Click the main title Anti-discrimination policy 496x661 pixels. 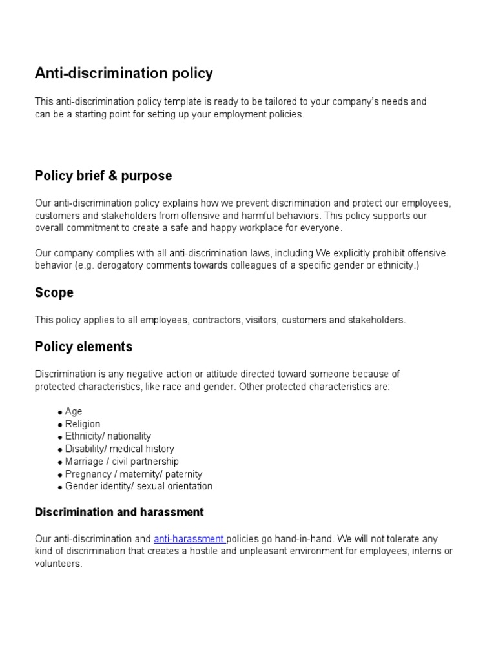coord(123,74)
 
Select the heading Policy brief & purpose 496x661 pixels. coord(103,176)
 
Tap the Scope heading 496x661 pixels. coord(54,293)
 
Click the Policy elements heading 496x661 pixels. coord(83,347)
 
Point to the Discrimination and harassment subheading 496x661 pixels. coord(119,513)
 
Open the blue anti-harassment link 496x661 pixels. coord(189,538)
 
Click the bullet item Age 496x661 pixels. coord(74,411)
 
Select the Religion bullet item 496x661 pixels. coord(83,424)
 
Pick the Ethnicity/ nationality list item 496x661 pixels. coord(108,436)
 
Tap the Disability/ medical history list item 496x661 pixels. coord(119,449)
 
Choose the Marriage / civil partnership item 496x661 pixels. coord(122,462)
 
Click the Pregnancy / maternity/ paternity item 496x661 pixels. coord(134,474)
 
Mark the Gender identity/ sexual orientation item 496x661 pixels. coord(138,486)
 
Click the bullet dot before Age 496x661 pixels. coord(59,412)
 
